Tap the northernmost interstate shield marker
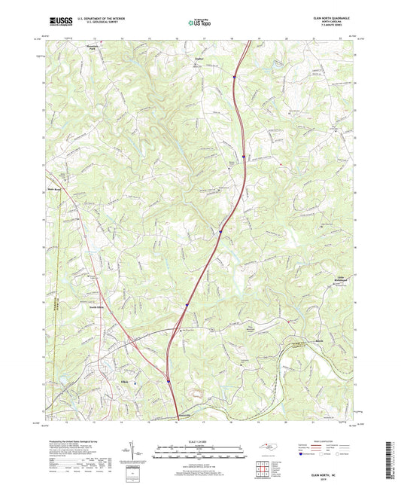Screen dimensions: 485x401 coord(233,76)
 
